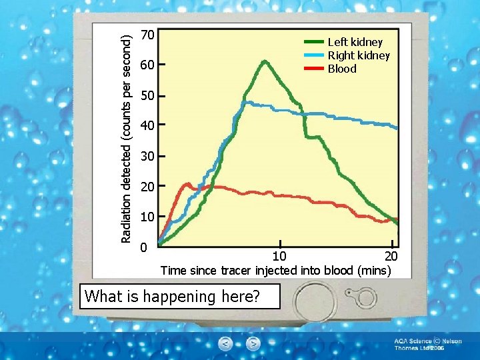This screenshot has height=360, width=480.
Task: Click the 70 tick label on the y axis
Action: tap(148, 35)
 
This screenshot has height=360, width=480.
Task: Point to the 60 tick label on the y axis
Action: tap(148, 65)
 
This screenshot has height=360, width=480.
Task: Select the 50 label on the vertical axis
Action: tap(148, 96)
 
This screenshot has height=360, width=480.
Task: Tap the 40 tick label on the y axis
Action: tap(148, 126)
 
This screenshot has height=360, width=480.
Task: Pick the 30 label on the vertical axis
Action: tap(148, 157)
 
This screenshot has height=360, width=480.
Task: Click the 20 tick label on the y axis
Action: tap(148, 187)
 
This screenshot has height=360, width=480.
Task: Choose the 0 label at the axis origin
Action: tap(143, 247)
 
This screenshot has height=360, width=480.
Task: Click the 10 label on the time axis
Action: tap(280, 257)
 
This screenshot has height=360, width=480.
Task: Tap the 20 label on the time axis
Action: tap(391, 257)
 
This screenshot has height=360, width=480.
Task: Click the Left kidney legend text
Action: tap(355, 42)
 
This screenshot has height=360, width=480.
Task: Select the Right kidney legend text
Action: tap(358, 55)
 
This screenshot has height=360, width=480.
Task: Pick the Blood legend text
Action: tap(341, 69)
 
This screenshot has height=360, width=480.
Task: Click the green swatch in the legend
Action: tap(313, 42)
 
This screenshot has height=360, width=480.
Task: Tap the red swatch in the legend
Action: tap(313, 69)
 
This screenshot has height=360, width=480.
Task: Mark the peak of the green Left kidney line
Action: tap(265, 61)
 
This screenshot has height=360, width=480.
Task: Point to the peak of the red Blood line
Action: tap(188, 183)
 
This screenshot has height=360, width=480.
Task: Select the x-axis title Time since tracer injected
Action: tap(275, 271)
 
